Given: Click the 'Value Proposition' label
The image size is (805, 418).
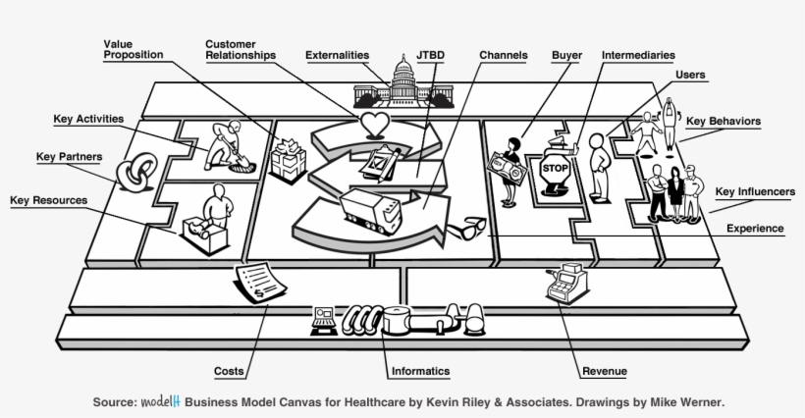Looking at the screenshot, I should (134, 50).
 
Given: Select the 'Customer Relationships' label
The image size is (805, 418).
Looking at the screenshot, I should (241, 50).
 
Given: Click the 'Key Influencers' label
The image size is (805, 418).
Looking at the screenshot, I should (755, 192).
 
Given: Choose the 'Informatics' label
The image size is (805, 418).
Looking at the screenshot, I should (419, 371).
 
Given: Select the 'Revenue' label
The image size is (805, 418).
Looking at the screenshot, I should (605, 371).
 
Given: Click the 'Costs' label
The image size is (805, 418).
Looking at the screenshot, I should (230, 371).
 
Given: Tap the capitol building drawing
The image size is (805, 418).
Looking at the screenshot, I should (398, 85).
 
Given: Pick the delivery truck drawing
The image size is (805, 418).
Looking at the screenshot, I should (370, 210).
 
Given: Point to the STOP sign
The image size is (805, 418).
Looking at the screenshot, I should (555, 168).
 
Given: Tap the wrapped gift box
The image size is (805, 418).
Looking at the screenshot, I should (290, 157).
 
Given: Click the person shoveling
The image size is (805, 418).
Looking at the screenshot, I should (229, 144).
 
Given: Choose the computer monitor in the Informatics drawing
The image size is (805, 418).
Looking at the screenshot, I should (323, 316).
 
